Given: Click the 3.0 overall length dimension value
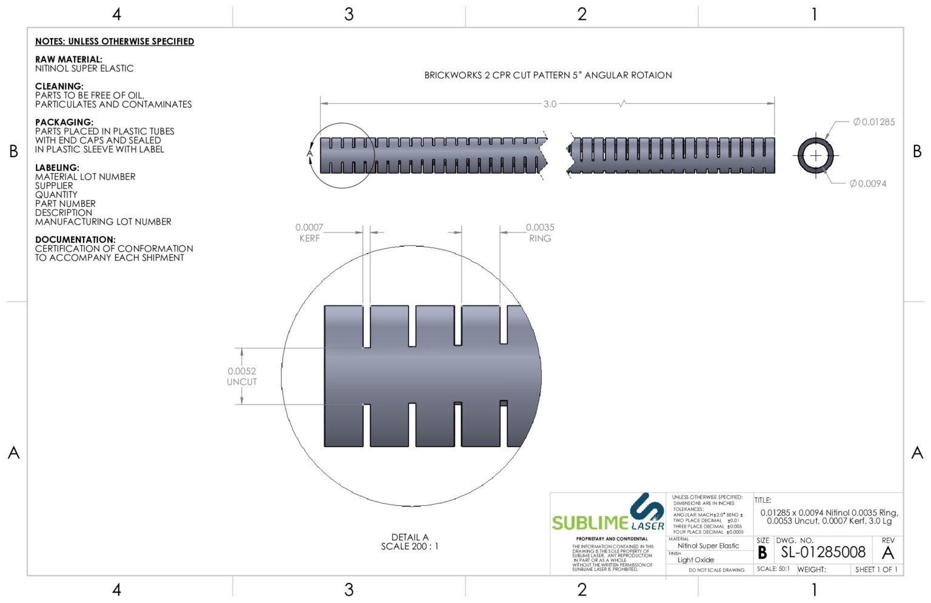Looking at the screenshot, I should tap(549, 104).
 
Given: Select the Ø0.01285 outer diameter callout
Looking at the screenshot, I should tap(873, 122).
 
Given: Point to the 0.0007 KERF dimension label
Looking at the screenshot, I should tap(309, 232).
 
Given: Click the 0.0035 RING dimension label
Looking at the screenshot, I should tap(539, 232).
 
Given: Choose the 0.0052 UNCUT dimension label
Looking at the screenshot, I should tap(242, 376).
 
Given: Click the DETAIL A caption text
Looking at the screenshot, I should tap(409, 537).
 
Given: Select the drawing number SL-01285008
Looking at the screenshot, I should tap(823, 552).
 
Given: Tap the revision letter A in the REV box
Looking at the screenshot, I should tap(887, 553).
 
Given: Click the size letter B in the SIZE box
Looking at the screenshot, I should tap(762, 553).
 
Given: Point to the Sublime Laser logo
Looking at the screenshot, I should tap(608, 514).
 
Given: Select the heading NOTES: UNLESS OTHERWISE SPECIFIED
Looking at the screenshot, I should tap(115, 41).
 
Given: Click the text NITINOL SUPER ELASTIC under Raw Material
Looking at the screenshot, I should tap(84, 69).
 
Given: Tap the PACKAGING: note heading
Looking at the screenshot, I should tap(64, 122).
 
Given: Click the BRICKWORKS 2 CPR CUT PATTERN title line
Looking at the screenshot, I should tap(547, 75).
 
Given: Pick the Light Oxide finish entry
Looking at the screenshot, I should tap(695, 560).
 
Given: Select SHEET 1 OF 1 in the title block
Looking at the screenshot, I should tap(876, 570).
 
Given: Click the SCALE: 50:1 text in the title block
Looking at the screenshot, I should tap(773, 569).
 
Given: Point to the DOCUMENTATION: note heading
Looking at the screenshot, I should tap(75, 240).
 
